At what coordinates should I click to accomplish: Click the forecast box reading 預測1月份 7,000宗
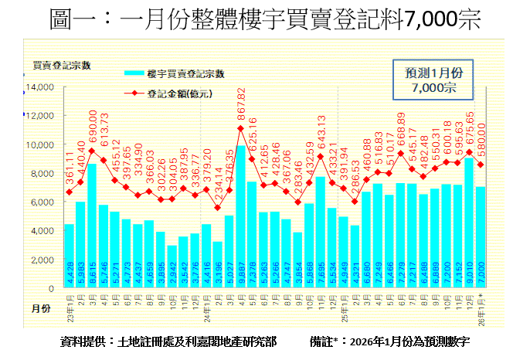434,80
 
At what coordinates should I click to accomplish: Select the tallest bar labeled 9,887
241,217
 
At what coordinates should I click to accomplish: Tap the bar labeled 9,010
468,223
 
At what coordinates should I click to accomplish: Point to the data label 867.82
241,103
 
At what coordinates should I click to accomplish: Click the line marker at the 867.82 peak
241,128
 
